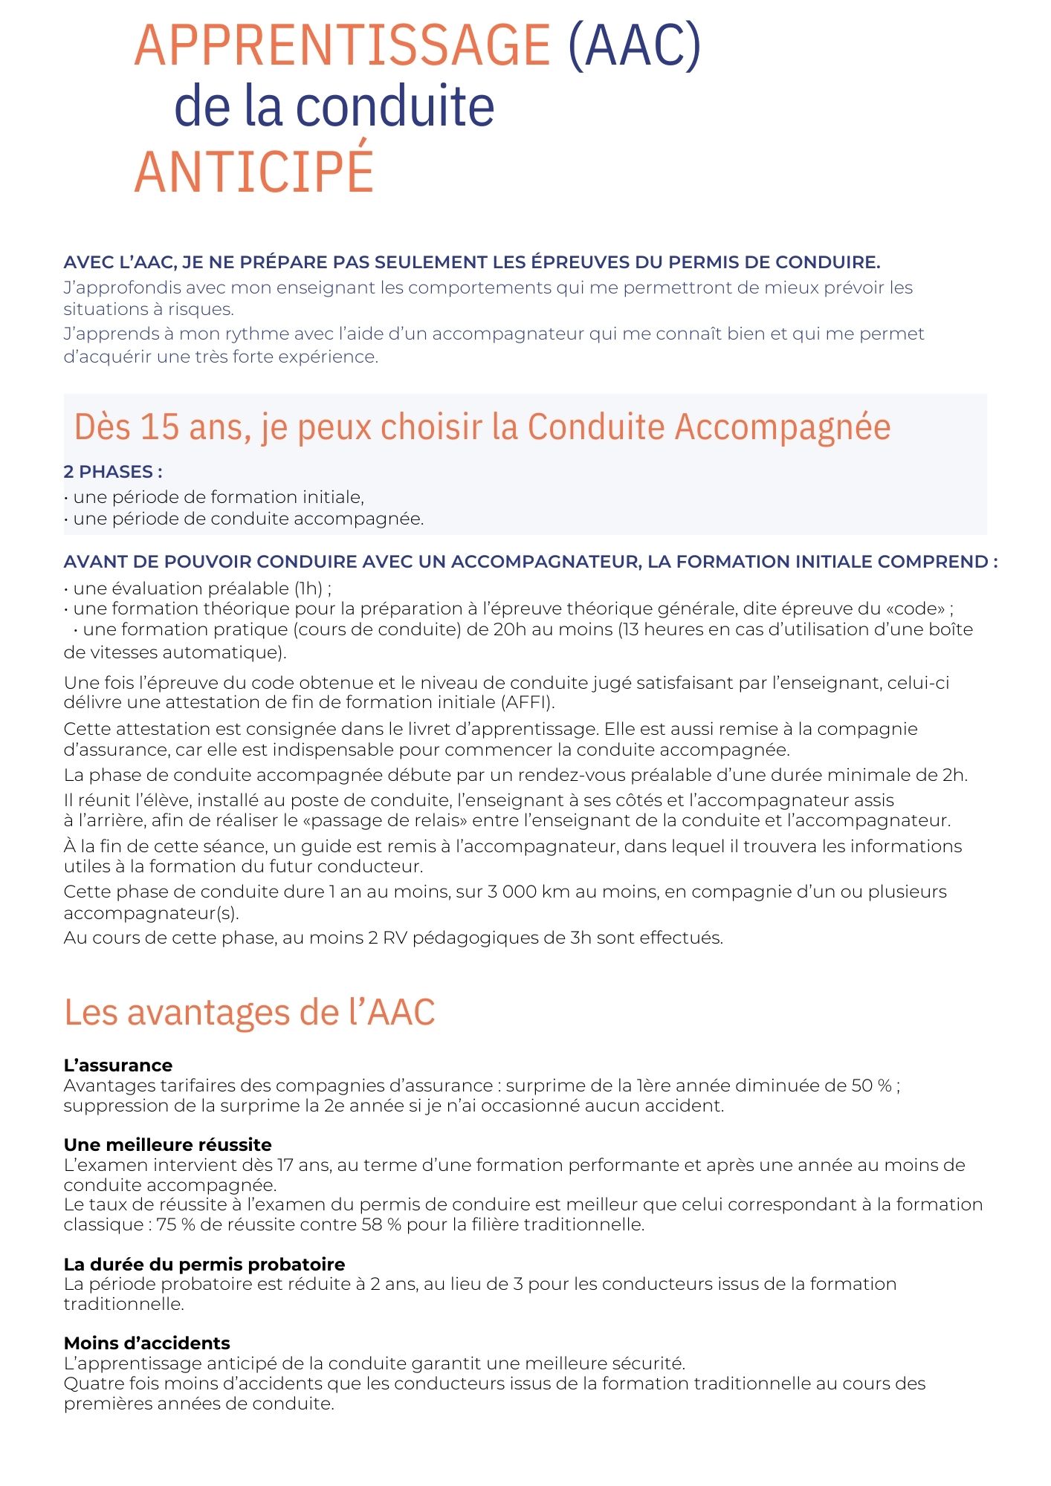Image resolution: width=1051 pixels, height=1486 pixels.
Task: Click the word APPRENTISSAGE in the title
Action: coord(342,46)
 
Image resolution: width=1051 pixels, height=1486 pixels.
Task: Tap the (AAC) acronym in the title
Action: coord(634,46)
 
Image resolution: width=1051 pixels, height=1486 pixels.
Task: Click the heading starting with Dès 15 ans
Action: coord(482,427)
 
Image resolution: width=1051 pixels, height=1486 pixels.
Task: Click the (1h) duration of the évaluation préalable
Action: coord(308,588)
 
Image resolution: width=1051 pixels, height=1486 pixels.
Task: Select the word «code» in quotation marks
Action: coord(915,609)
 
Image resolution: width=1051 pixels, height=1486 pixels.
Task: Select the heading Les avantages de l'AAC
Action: coord(249,1012)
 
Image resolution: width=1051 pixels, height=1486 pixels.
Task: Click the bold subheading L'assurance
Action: coord(118,1065)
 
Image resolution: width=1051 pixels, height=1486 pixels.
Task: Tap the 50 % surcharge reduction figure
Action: coord(871,1086)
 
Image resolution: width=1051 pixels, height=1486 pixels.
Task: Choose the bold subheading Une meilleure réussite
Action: coord(168,1145)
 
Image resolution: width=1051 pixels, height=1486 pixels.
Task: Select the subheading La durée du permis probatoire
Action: coord(204,1265)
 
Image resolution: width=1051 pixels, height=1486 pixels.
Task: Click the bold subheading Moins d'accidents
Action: coord(147,1343)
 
